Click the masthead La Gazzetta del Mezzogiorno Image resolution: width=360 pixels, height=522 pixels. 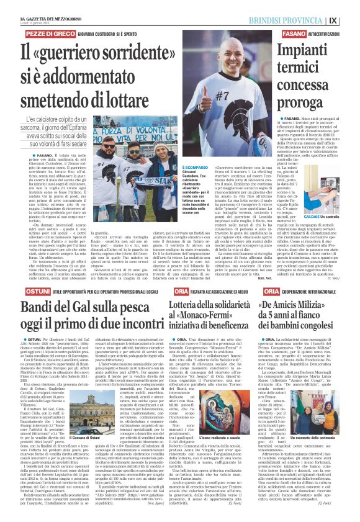tap(47, 6)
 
